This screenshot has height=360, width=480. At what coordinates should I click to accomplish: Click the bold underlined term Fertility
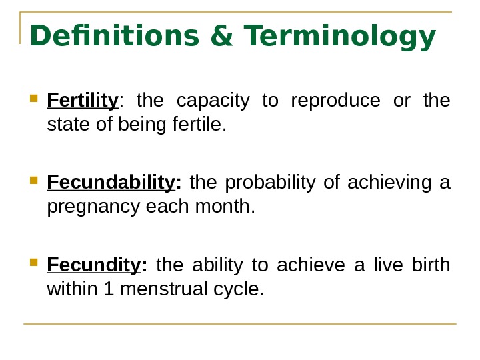pyautogui.click(x=83, y=101)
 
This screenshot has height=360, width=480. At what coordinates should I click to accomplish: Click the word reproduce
pyautogui.click(x=335, y=101)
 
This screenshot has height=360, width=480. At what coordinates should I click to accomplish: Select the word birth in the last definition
pyautogui.click(x=431, y=265)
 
